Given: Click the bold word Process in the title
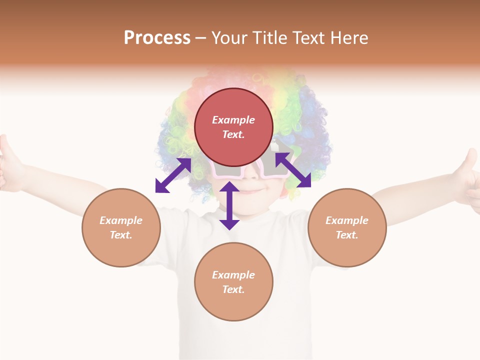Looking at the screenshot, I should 157,38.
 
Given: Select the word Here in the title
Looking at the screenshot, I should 349,38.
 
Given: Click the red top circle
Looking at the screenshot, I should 233,127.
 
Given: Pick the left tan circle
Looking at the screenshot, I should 121,227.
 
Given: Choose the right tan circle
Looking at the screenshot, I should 347,227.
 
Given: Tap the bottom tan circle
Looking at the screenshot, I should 233,282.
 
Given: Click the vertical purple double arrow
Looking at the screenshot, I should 229,205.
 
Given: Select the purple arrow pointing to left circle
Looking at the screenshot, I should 173,175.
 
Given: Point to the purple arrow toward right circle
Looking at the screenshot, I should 292,170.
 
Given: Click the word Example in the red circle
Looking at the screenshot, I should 233,120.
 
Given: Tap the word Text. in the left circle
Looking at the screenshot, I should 121,235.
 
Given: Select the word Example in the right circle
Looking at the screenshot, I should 347,220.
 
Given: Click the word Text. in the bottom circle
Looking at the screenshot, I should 233,289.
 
